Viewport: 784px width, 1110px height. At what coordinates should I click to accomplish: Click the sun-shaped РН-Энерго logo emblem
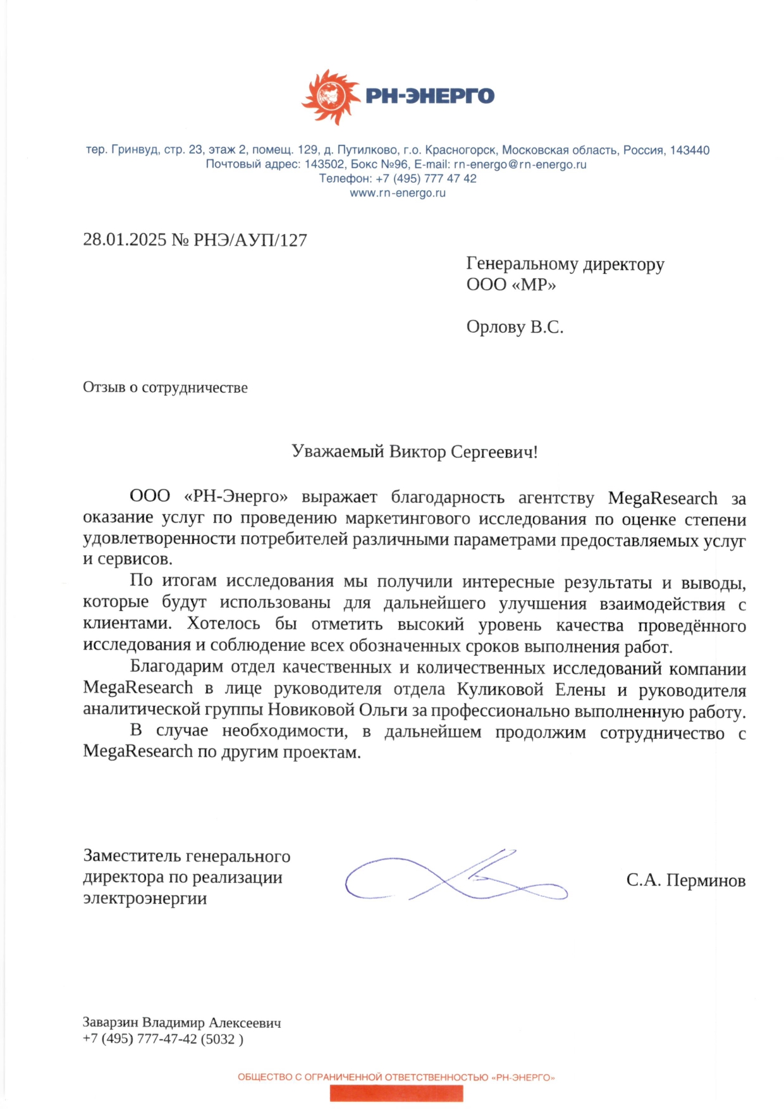pyautogui.click(x=330, y=97)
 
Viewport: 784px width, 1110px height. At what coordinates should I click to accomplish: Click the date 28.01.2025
pyautogui.click(x=125, y=240)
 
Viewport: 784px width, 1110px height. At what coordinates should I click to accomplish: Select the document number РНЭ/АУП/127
pyautogui.click(x=250, y=240)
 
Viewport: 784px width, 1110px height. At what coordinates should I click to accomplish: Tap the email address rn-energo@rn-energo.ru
pyautogui.click(x=520, y=164)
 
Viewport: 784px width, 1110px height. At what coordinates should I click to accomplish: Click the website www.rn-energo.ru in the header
pyautogui.click(x=398, y=194)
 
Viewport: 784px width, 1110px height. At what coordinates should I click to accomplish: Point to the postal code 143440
pyautogui.click(x=690, y=151)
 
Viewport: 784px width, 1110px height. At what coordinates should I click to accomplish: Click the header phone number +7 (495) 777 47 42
pyautogui.click(x=426, y=179)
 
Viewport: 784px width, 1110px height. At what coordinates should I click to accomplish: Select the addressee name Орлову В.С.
pyautogui.click(x=515, y=327)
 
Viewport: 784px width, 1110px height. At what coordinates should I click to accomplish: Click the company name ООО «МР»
pyautogui.click(x=511, y=285)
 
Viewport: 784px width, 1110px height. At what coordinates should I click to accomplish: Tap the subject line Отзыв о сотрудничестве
pyautogui.click(x=165, y=388)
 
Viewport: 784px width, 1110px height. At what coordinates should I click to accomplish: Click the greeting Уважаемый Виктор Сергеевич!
pyautogui.click(x=414, y=452)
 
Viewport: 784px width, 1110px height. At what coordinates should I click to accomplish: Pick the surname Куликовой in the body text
pyautogui.click(x=500, y=689)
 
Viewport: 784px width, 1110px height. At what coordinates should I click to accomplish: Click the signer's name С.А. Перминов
pyautogui.click(x=685, y=880)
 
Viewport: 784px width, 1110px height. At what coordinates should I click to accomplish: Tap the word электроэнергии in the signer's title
pyautogui.click(x=145, y=899)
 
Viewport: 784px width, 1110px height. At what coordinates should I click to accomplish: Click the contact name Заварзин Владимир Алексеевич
pyautogui.click(x=181, y=1023)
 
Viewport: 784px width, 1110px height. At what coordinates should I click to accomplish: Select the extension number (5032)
pyautogui.click(x=222, y=1039)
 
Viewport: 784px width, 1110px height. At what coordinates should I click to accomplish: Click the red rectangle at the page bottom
pyautogui.click(x=396, y=1093)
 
